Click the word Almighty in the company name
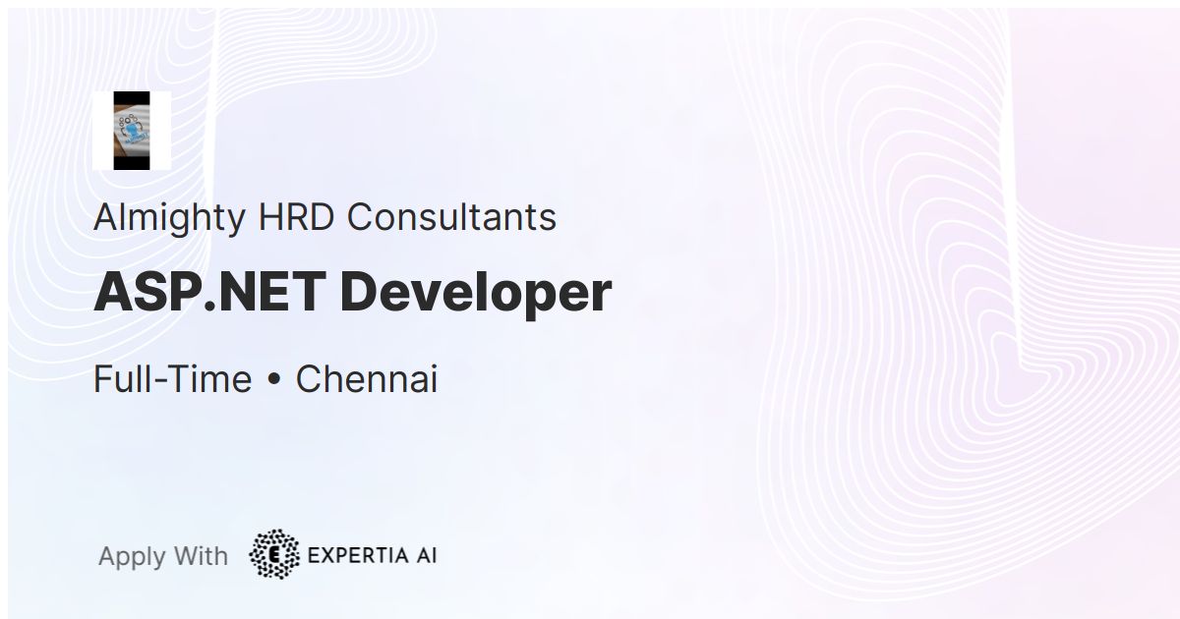coord(169,218)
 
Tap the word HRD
coord(297,217)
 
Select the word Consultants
coord(451,217)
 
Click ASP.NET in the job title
coord(209,292)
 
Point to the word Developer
coord(476,294)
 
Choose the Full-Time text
coord(173,378)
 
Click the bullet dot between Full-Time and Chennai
coord(274,380)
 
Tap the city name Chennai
coord(367,378)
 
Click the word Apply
coord(132,557)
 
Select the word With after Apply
coord(201,556)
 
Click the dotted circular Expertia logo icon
coord(274,554)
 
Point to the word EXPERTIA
coord(358,555)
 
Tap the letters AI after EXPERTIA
coord(427,555)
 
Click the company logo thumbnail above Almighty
coord(132,131)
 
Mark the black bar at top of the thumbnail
coord(132,98)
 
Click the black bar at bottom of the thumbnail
coord(132,163)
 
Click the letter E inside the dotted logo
coord(274,555)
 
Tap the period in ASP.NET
coord(209,307)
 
